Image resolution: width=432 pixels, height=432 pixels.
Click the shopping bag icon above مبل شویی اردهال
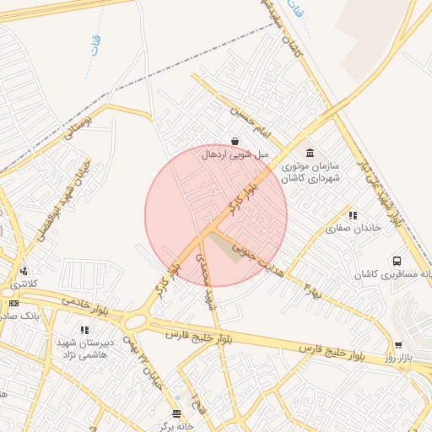234,140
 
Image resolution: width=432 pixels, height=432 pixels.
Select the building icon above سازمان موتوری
310,153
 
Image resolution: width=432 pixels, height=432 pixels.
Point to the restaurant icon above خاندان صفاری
353,215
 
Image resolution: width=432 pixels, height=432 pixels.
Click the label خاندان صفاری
354,228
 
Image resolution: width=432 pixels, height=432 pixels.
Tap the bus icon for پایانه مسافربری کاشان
397,262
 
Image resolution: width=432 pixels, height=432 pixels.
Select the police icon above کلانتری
24,272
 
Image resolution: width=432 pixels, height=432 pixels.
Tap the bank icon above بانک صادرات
13,303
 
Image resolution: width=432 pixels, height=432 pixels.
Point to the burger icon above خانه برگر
175,413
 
